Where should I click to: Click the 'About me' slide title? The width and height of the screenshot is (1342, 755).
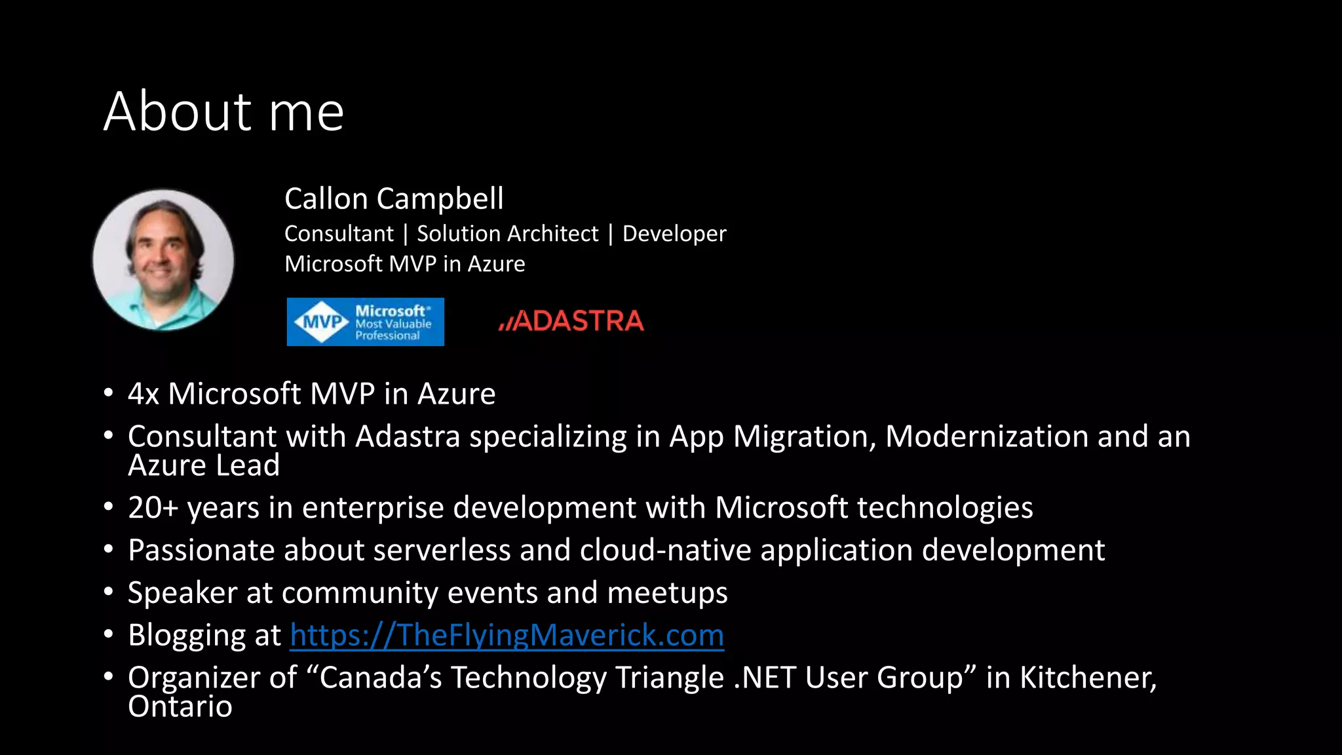point(223,111)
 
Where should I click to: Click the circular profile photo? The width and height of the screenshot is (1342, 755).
point(163,260)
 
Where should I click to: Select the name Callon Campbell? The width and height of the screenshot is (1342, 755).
point(394,199)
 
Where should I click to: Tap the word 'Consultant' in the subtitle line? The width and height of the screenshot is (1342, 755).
point(339,234)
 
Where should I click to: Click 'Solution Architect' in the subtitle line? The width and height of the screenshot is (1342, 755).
point(507,234)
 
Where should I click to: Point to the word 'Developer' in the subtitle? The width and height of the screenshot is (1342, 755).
point(674,234)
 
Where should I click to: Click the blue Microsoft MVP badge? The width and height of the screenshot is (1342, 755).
point(365,322)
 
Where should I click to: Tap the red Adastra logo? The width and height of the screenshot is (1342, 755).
point(571,321)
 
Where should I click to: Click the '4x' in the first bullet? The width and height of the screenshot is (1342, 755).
point(144,394)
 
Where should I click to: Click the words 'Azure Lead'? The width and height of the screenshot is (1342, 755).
point(204,465)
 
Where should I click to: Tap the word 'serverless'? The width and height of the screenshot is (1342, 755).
point(442,550)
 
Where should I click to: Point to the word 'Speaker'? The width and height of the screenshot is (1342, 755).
point(182,592)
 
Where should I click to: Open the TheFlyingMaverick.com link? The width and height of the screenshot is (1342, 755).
point(507,635)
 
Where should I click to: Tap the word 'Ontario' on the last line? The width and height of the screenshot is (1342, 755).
point(180,707)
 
